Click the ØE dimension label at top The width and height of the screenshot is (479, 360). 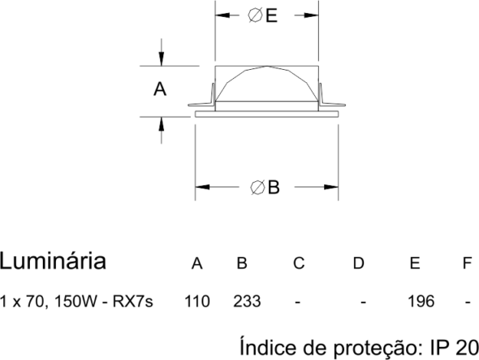pos(262,15)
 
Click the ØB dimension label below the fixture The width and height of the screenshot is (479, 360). pos(265,187)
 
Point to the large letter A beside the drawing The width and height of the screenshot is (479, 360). pos(160,89)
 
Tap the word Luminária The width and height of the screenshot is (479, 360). pos(53,261)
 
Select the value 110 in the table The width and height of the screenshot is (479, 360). pos(197,301)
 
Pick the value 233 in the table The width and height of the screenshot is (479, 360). pos(247,301)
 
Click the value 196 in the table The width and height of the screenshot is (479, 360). pos(421,301)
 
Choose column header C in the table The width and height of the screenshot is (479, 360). pos(299,263)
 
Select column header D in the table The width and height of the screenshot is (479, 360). pos(359,263)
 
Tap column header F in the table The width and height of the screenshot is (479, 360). pos(467,263)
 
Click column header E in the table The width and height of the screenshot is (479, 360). pos(415,263)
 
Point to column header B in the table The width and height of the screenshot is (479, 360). pos(242,263)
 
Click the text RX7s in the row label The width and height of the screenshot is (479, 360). pos(133,301)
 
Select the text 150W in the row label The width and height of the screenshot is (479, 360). pos(75,301)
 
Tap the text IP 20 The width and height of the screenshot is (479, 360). pos(455,348)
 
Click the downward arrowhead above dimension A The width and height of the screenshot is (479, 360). pos(162,59)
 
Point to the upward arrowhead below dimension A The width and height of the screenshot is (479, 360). pos(162,124)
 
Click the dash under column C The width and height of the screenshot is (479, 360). pos(297,303)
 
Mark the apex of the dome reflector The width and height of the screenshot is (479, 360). pos(267,66)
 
